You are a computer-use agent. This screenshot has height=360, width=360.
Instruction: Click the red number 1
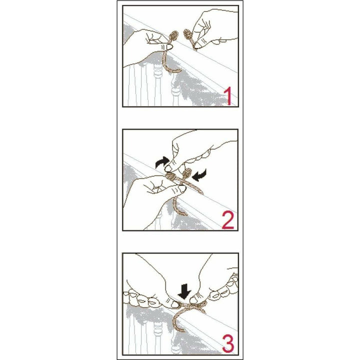tap(228, 96)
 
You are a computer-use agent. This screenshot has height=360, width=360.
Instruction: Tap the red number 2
tap(228, 220)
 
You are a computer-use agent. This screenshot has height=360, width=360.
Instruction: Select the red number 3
tap(228, 344)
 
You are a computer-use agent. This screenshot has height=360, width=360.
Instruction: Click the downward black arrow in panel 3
tap(184, 291)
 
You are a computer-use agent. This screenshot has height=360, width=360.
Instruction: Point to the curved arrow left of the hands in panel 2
tap(162, 162)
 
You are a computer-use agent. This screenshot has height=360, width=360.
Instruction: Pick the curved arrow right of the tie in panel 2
tap(199, 175)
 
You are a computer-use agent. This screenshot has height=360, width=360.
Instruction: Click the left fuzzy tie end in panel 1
tap(173, 36)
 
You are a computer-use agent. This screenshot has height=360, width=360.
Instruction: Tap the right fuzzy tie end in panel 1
tap(188, 35)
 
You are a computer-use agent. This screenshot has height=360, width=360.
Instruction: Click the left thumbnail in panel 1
tap(169, 47)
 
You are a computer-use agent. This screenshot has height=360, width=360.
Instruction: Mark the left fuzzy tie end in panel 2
tap(171, 176)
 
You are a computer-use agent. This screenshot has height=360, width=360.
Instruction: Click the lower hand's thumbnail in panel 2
tap(182, 188)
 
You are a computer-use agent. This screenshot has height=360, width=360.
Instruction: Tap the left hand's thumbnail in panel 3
tap(175, 304)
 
